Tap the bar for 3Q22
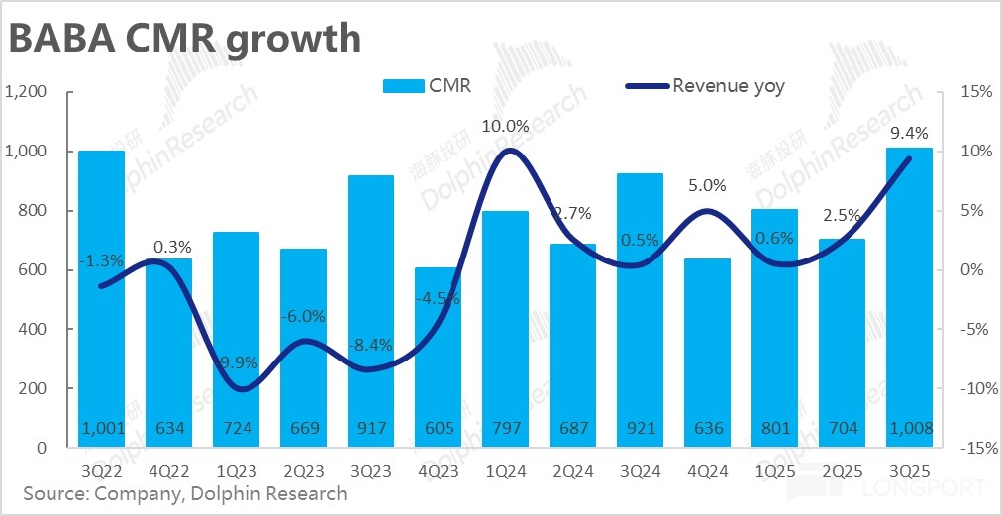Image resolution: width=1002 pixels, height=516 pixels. (x=102, y=297)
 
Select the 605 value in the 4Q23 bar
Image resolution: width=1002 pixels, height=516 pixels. (x=438, y=429)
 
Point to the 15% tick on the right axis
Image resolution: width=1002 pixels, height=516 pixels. (x=976, y=92)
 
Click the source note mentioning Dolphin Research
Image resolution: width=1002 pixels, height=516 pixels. (x=185, y=493)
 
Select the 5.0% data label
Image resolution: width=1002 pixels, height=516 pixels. (x=707, y=185)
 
